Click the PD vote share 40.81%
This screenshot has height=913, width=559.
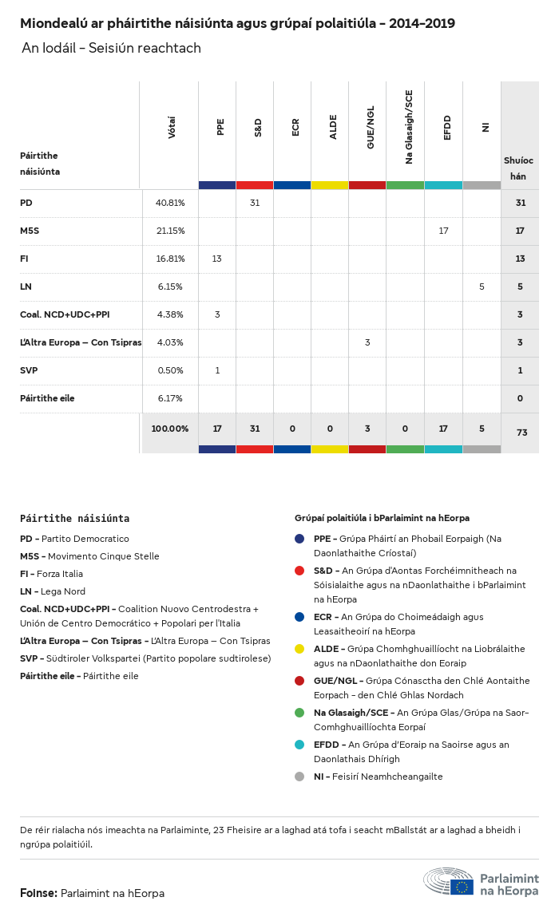[170, 204]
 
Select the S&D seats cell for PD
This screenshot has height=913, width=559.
[255, 204]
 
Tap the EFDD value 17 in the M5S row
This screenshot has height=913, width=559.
[444, 231]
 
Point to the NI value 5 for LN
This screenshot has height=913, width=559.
[482, 287]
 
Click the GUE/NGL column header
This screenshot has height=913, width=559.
[370, 132]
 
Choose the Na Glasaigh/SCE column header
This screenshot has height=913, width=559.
[408, 127]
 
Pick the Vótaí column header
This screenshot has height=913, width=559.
[172, 128]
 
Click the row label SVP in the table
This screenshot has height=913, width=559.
[29, 370]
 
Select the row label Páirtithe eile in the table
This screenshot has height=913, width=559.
[47, 398]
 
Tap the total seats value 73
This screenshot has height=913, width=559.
[521, 433]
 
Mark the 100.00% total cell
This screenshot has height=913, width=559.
[170, 429]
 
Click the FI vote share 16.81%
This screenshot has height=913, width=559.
[170, 259]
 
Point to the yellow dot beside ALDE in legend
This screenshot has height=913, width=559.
[299, 649]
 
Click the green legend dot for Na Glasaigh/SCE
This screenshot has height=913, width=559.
[299, 713]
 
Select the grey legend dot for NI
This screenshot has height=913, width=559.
[299, 777]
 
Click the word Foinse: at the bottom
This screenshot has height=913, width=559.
[38, 893]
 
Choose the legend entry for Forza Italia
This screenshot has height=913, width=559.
[51, 574]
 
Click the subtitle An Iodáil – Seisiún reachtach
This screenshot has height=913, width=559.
[111, 49]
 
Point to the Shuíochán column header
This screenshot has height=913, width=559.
[518, 168]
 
